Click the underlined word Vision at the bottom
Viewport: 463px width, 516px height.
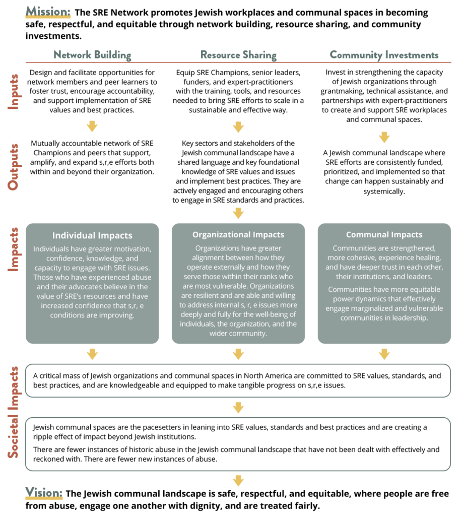click(x=44, y=493)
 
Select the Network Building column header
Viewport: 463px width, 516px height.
click(x=92, y=55)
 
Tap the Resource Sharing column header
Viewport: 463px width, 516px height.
click(x=238, y=55)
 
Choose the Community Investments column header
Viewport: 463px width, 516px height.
click(x=384, y=55)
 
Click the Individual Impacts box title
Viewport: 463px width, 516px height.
click(x=92, y=236)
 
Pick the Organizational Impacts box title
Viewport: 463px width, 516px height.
click(x=238, y=235)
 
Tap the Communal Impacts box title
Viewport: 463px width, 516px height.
click(x=384, y=235)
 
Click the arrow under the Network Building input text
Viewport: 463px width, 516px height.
click(x=92, y=126)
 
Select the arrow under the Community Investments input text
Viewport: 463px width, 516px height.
click(x=384, y=137)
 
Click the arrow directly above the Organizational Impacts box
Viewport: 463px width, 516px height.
click(x=238, y=213)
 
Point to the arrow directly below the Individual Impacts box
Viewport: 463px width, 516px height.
click(x=92, y=354)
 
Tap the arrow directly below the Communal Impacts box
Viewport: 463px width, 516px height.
click(x=384, y=354)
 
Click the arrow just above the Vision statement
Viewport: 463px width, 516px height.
click(x=238, y=480)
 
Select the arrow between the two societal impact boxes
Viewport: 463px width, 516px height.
click(x=238, y=407)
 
